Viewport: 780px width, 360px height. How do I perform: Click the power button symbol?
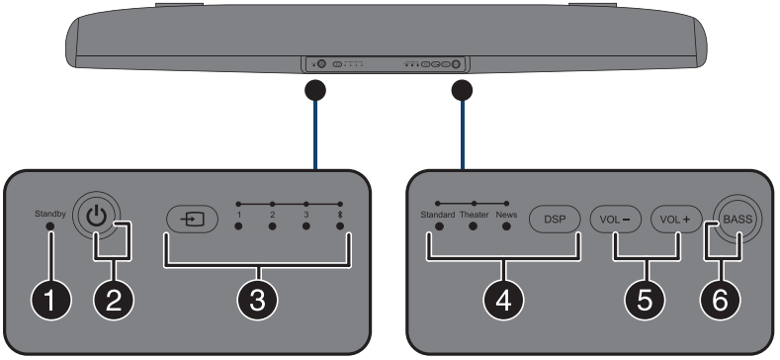[96, 218]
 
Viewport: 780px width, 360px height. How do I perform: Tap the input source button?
[192, 220]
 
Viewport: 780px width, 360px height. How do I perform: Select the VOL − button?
[616, 220]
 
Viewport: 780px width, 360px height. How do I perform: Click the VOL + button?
[676, 220]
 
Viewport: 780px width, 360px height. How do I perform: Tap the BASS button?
[737, 220]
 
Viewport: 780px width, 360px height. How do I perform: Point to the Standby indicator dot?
[49, 226]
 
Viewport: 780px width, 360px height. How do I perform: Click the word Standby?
[50, 214]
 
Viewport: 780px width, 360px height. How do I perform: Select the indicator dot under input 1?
[239, 226]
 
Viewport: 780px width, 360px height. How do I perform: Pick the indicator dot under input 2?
[273, 226]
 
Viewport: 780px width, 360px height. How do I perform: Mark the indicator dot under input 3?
[306, 226]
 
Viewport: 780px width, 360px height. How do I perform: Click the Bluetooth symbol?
[340, 215]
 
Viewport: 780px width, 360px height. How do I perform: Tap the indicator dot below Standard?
[439, 226]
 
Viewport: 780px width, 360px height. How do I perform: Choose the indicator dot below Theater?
[474, 226]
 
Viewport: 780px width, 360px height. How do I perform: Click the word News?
[506, 215]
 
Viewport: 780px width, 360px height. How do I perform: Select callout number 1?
[50, 301]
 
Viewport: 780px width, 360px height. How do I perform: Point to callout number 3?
[257, 301]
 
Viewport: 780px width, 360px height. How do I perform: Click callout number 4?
[503, 301]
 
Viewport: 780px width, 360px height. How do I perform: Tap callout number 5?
[645, 301]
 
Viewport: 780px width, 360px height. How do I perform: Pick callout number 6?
[721, 301]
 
